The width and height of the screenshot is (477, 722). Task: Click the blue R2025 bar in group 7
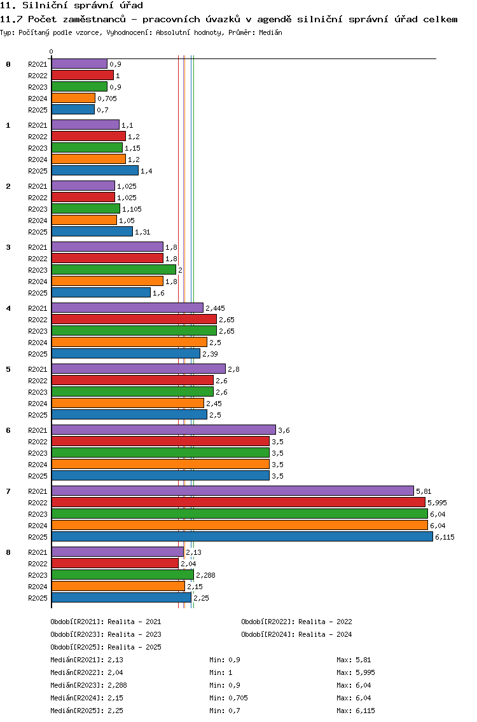242,537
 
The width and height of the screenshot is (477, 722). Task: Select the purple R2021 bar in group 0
79,64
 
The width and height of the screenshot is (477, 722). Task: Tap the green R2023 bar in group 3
114,270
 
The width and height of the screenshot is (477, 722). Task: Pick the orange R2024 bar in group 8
118,586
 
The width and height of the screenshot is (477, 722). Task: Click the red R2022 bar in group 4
134,320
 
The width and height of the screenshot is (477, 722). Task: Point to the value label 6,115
445,537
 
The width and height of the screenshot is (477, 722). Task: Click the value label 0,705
107,99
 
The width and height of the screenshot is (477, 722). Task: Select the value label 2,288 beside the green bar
205,575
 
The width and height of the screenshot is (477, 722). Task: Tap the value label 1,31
142,232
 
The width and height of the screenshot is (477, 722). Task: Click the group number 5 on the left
8,369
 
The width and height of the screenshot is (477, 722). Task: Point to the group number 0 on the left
8,64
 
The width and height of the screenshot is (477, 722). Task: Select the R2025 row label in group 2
38,232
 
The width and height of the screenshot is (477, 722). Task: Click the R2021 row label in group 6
38,430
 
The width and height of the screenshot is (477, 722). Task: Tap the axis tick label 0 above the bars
51,51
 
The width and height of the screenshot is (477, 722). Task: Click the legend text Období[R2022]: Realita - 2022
296,622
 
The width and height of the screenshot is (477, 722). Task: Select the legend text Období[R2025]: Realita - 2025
106,647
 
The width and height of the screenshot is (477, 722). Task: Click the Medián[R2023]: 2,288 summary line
88,685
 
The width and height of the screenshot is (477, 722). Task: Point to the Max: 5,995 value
356,672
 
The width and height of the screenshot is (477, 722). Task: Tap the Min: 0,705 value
228,698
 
